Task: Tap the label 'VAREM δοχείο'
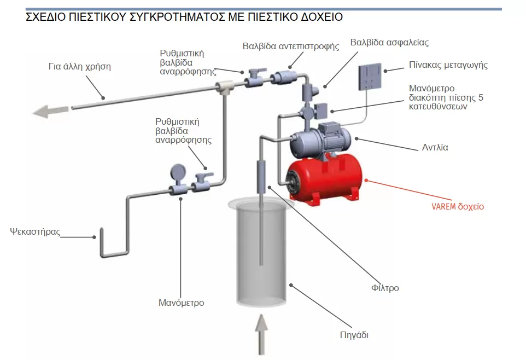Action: coord(458,207)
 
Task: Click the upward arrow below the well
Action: coord(262,334)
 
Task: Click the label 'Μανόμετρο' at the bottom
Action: coord(181,302)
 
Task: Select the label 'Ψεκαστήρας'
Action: coord(34,231)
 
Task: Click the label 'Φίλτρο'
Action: coord(385,287)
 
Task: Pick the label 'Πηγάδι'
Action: coord(355,335)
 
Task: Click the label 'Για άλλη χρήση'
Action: coord(80,67)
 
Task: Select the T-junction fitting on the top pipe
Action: coord(224,85)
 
